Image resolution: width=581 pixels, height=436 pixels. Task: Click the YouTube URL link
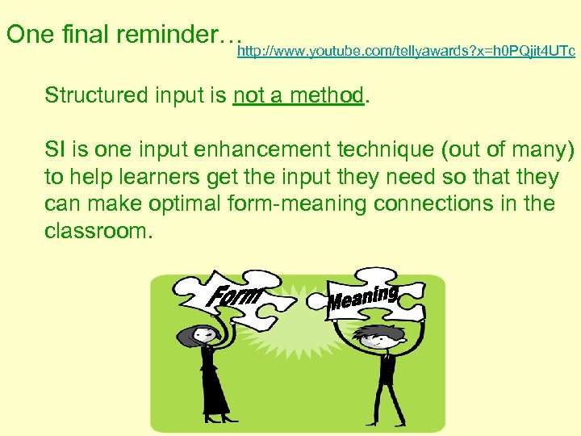(x=406, y=52)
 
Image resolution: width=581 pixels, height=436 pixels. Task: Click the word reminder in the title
(x=178, y=35)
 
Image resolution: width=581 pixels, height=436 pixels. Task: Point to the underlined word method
(x=327, y=95)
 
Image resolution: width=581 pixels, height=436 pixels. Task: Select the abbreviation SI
(x=56, y=149)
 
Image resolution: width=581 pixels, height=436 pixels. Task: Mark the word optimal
(x=187, y=203)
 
